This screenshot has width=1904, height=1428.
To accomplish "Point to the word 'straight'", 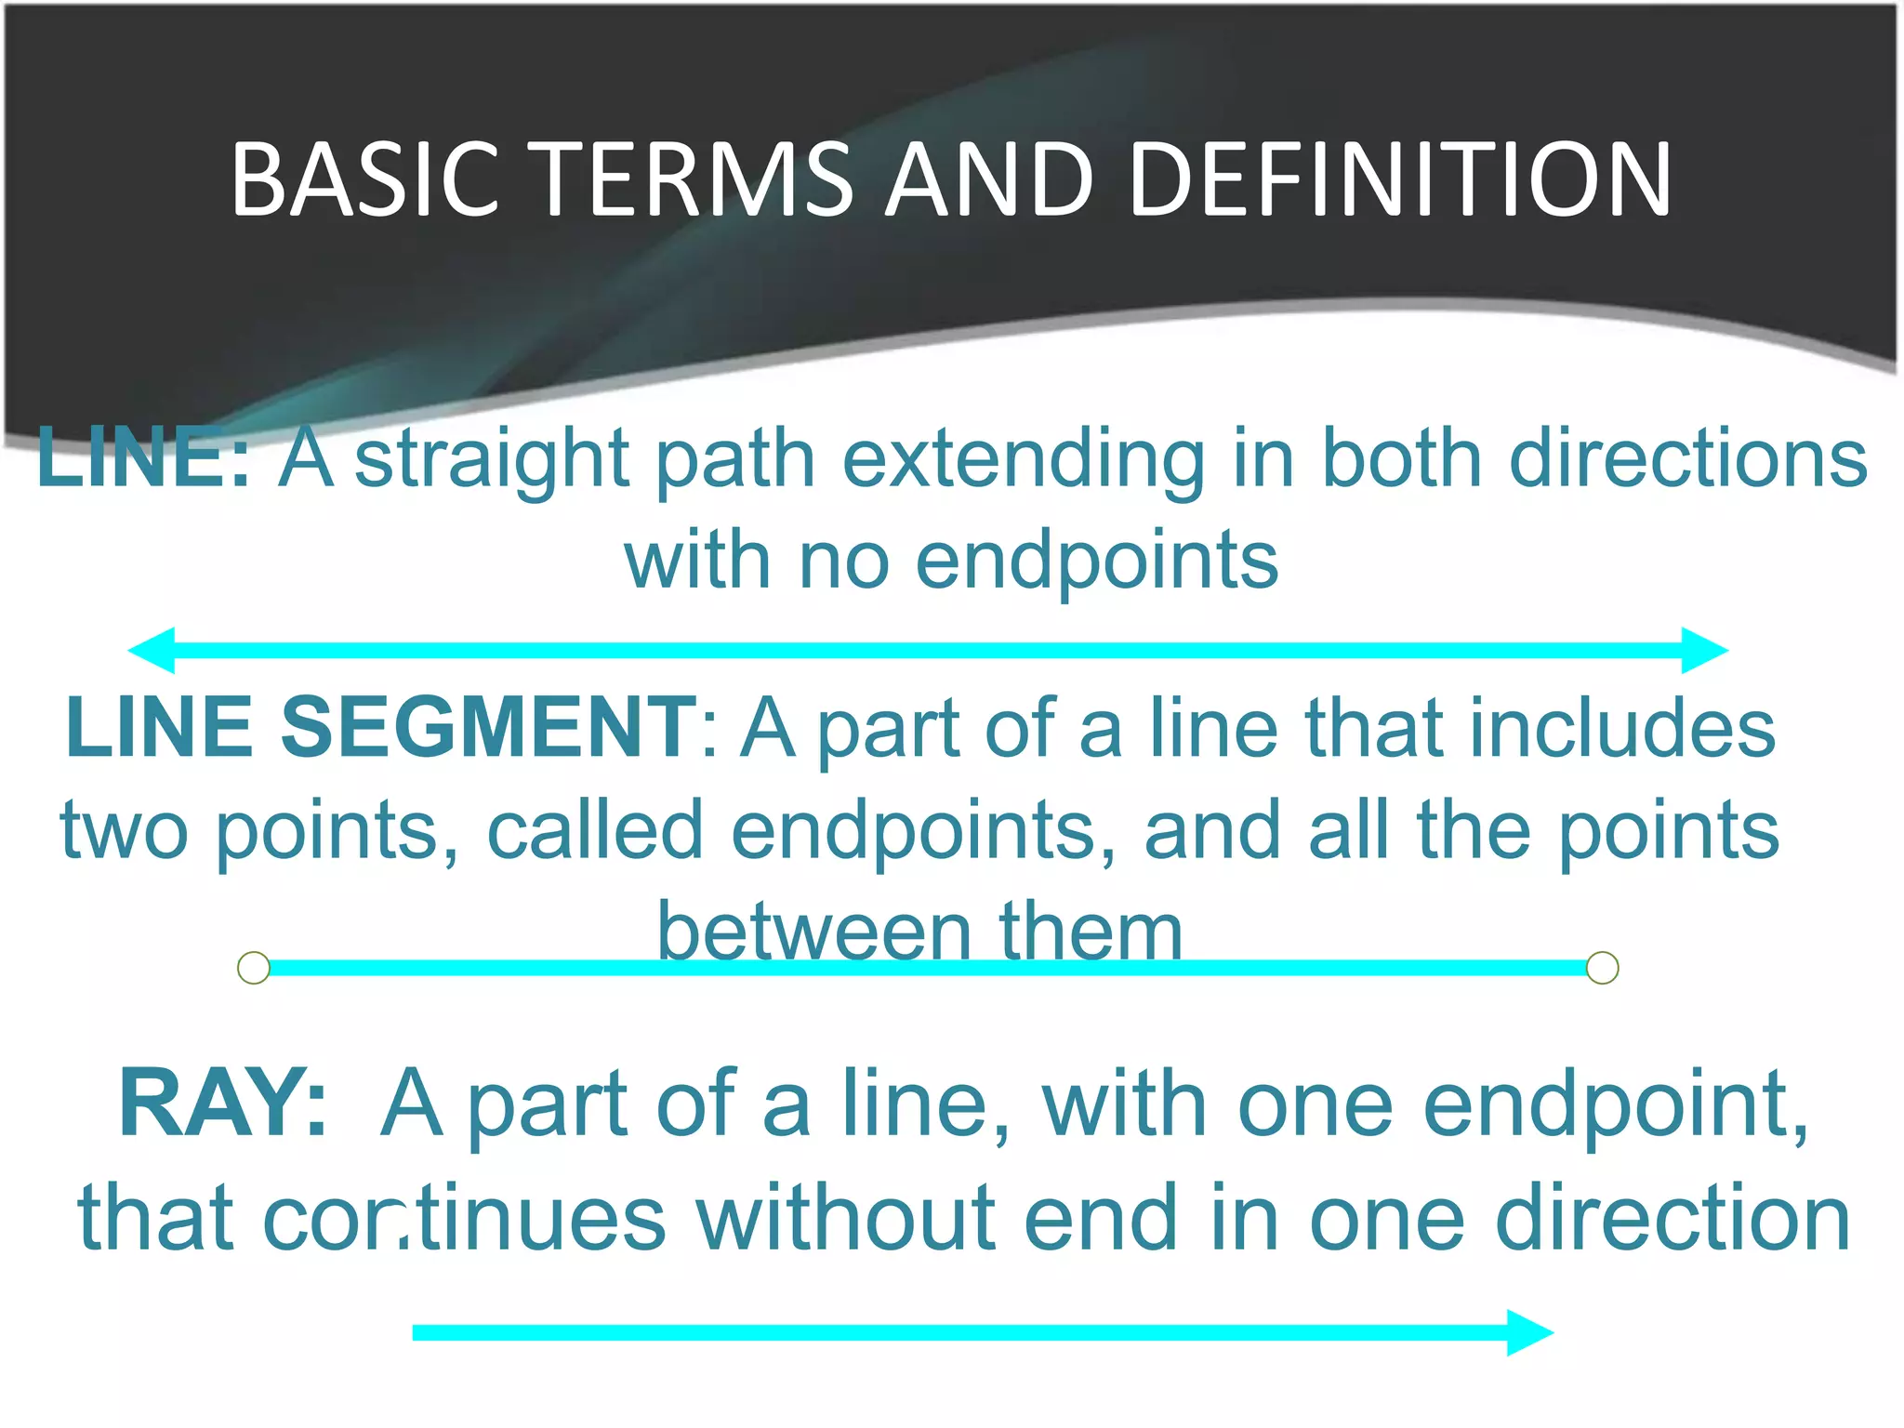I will pos(492,459).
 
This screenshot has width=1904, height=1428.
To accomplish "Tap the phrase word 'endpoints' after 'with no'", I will pos(1097,562).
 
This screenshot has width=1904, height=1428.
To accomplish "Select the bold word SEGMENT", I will pos(487,727).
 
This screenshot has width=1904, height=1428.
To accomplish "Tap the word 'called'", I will pos(595,830).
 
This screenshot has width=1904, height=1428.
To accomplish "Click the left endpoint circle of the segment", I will pos(254,968).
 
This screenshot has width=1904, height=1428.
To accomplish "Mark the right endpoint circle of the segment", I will pos(1602,968).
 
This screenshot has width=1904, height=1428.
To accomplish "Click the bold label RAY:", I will pos(223,1104).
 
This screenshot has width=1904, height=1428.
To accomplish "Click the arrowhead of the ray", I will pos(1529,1332).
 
